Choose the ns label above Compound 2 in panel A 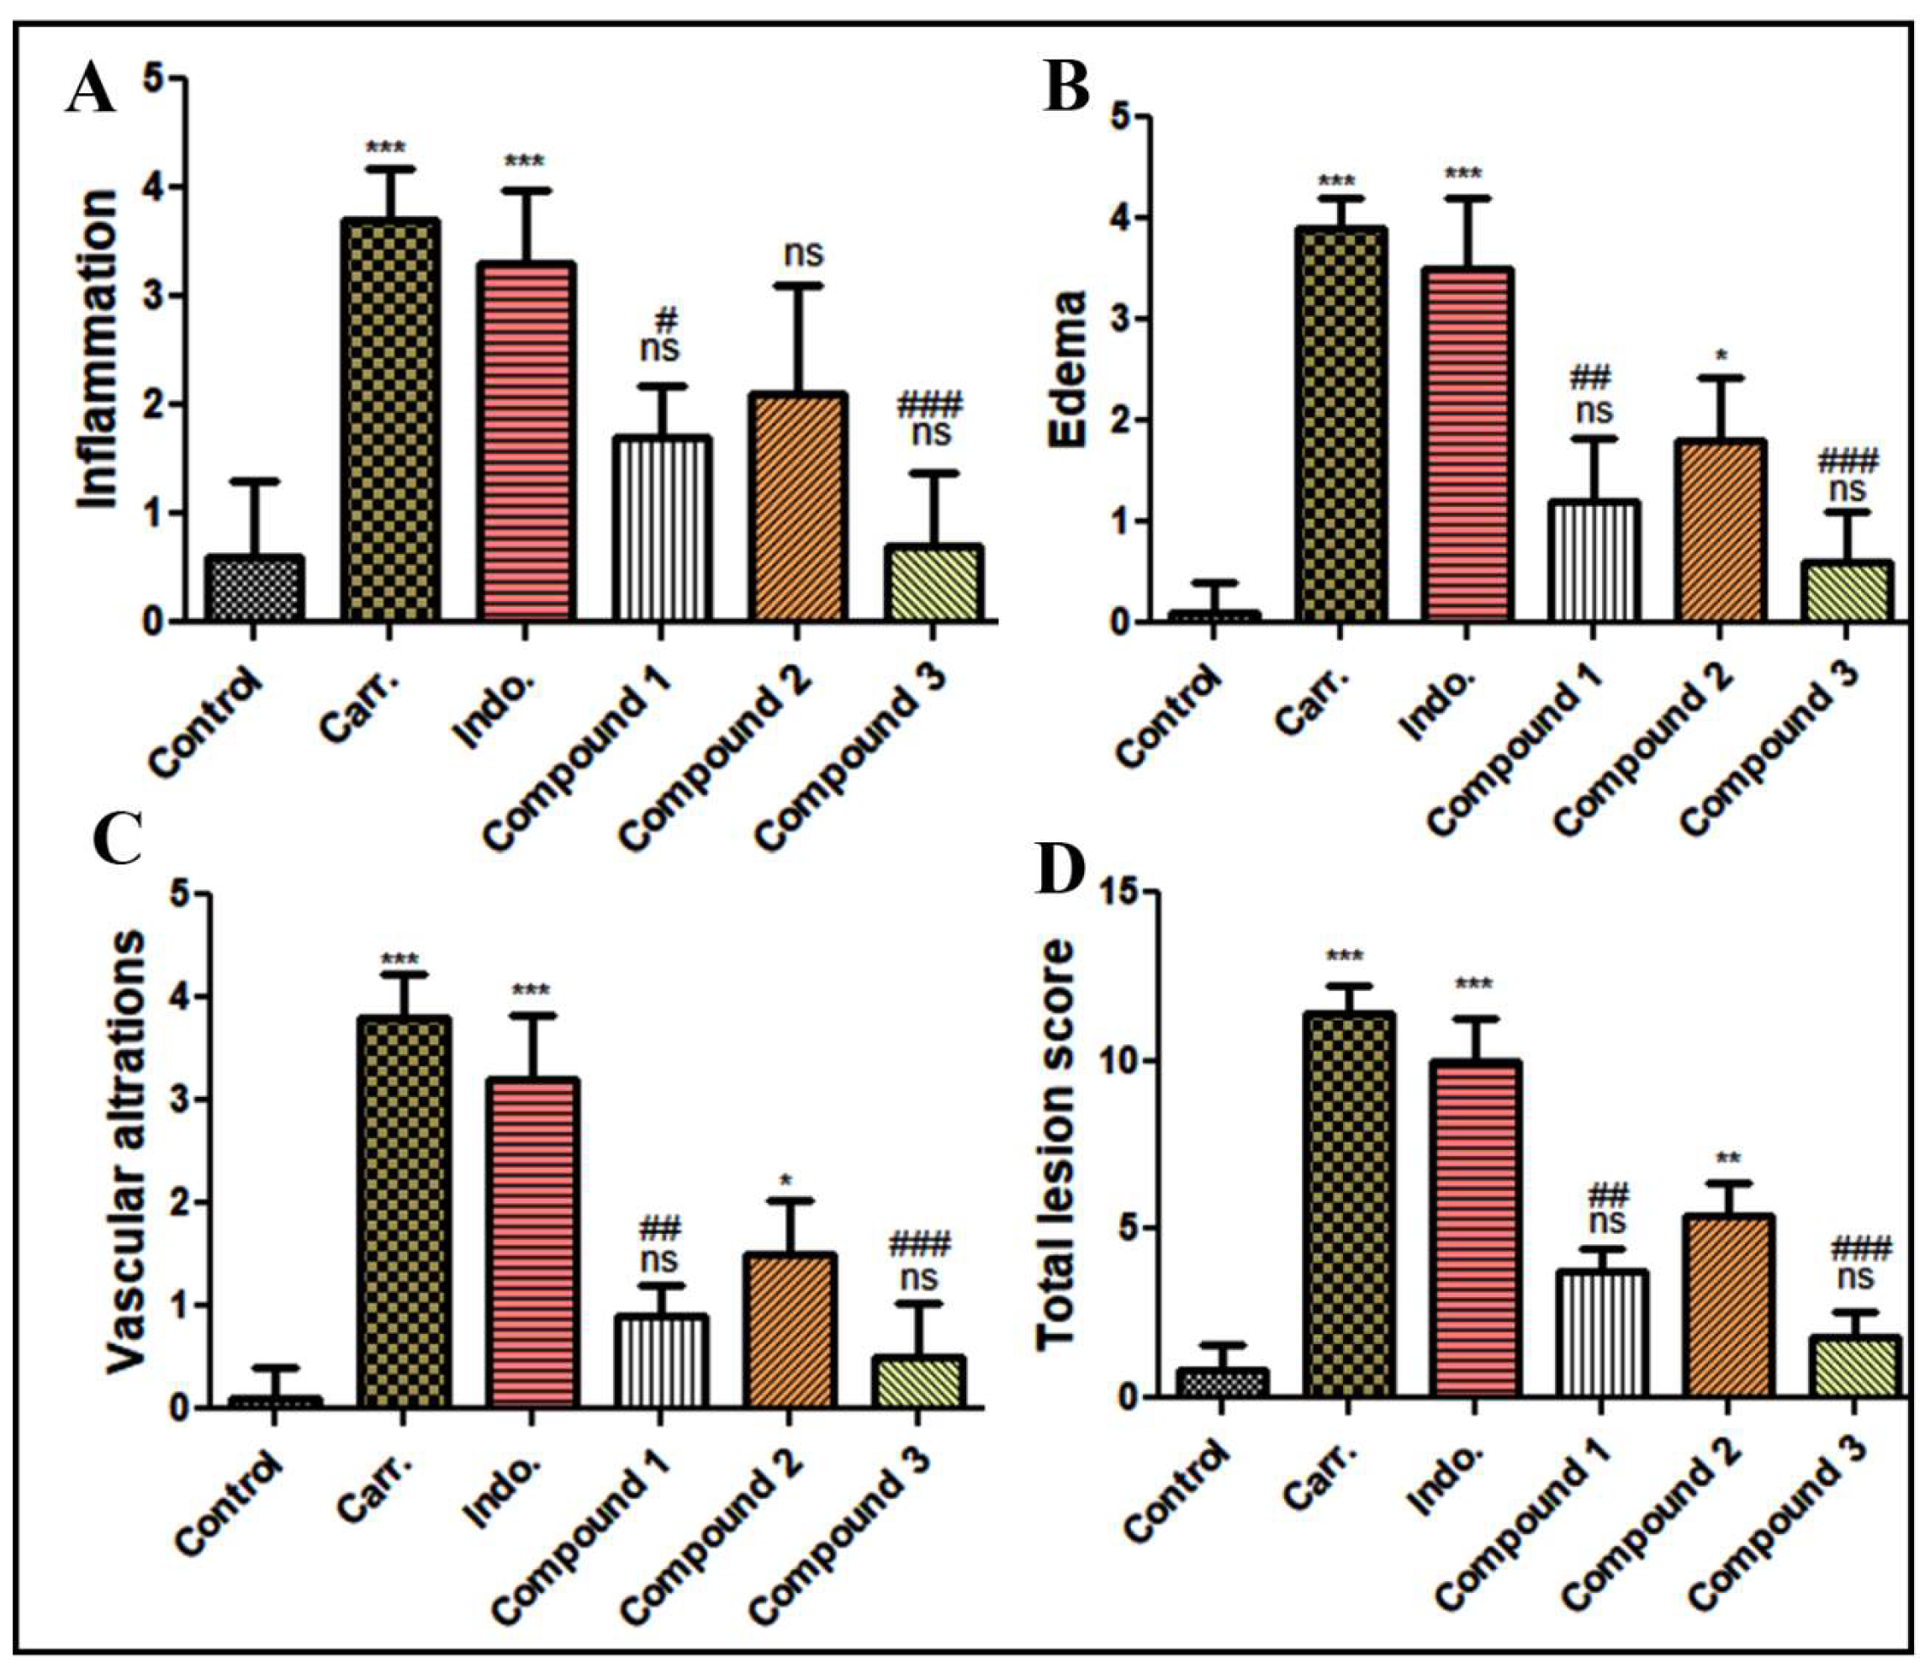802,253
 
